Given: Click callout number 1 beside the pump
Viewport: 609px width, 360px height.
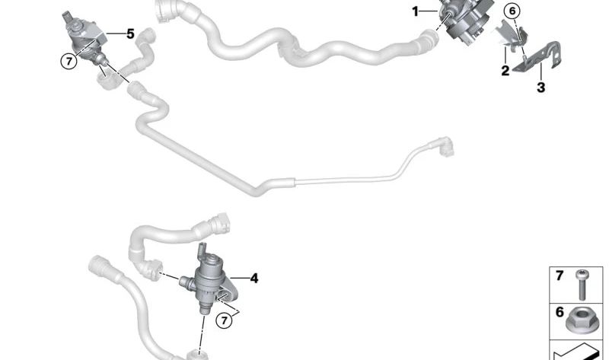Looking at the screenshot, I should coord(416,11).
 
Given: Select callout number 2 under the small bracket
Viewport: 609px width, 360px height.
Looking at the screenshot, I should coord(505,72).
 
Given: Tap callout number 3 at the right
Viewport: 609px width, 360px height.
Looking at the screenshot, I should coord(541,88).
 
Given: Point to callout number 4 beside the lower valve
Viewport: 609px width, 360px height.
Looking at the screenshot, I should coord(254,279).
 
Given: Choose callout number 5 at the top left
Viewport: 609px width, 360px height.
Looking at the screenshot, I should coord(130,33).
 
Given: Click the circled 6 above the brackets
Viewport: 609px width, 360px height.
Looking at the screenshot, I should coord(512,11).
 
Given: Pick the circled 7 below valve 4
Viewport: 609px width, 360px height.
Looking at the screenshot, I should coord(224,320).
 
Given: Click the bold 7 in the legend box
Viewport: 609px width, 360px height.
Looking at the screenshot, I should coord(559,276).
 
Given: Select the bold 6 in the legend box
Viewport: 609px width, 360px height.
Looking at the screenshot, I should coord(559,311).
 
